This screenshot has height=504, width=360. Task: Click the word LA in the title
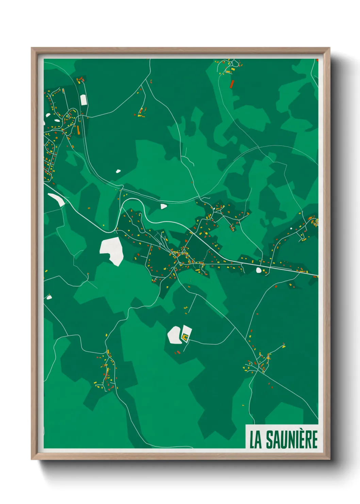[256, 440]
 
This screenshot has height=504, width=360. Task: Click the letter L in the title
[252, 440]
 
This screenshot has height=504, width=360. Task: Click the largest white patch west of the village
[112, 250]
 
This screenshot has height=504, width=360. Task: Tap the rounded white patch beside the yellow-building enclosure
[174, 334]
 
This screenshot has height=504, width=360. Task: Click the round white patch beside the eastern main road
[259, 270]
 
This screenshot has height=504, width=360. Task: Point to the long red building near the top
[232, 84]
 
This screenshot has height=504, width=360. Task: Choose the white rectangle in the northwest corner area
[83, 100]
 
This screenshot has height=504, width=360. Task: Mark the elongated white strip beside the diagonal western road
[56, 199]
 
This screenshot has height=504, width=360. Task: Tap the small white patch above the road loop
[164, 206]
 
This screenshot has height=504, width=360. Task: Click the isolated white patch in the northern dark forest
[118, 171]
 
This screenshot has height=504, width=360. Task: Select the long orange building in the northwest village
[78, 129]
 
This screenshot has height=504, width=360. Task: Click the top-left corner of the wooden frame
[32, 48]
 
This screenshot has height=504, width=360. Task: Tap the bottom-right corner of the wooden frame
[329, 459]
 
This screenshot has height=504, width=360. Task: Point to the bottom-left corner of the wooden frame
[32, 459]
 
